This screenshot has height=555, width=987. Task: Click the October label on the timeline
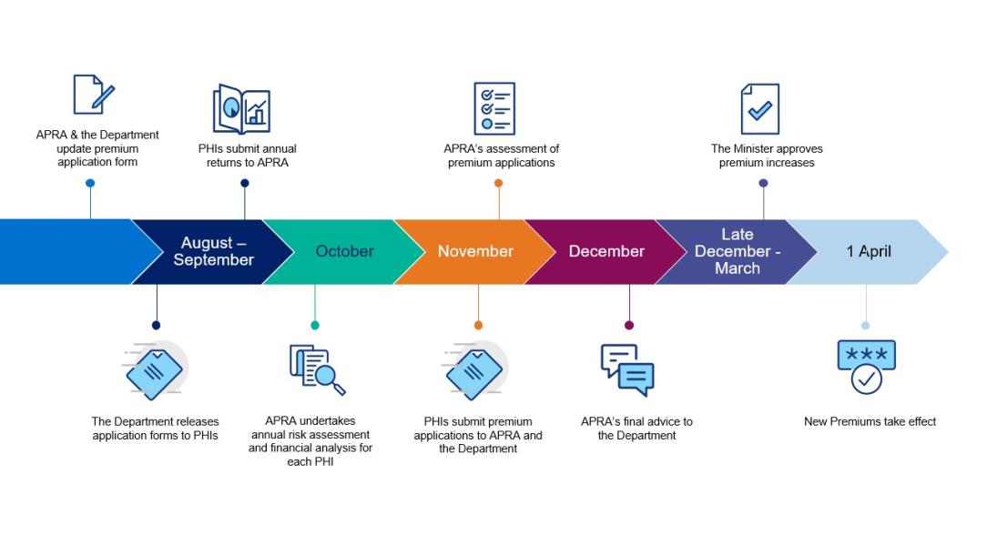point(344,251)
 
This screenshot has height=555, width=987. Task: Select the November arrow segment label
point(475,251)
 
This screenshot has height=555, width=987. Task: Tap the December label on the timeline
point(606,251)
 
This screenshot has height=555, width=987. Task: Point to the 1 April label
point(869,251)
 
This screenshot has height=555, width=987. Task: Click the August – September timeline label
point(213,251)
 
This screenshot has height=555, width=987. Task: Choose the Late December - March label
point(737,251)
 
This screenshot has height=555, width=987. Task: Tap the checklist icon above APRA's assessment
point(494,108)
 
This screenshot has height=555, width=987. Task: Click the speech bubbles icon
point(627,369)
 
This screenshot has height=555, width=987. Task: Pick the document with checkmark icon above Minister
point(760,109)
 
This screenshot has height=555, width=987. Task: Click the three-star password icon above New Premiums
point(866,367)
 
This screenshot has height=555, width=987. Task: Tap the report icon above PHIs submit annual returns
point(241,110)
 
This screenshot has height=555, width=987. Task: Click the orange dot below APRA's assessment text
point(498,183)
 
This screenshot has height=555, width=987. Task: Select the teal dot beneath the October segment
point(315,325)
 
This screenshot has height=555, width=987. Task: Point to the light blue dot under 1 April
point(865,325)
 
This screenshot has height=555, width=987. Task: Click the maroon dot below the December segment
point(629,325)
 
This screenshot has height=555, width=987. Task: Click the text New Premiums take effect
point(870,421)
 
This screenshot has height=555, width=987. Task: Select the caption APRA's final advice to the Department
point(636,429)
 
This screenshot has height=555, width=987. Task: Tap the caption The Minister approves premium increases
point(767,156)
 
